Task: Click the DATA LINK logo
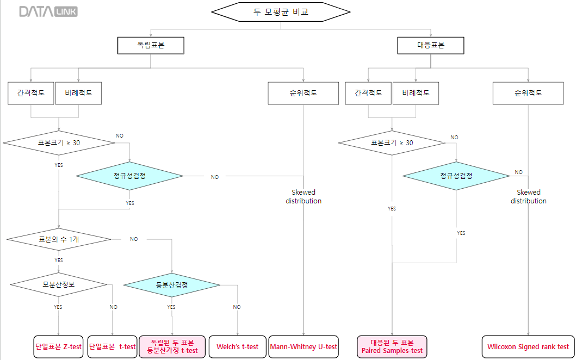(48, 11)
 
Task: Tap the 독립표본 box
(151, 46)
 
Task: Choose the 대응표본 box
(430, 46)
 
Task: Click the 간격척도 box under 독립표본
(31, 93)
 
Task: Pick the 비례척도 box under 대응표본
(416, 93)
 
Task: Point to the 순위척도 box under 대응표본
(528, 93)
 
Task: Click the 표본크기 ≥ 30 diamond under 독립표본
(59, 143)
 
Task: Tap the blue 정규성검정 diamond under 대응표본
(456, 176)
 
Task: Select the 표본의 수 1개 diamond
(59, 239)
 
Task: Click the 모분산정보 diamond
(59, 284)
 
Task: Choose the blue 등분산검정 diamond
(172, 284)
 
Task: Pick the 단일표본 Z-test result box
(59, 346)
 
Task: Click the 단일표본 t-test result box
(113, 346)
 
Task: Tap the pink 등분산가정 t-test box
(172, 346)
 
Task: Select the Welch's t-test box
(237, 346)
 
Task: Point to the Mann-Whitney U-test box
(304, 346)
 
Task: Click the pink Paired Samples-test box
(392, 346)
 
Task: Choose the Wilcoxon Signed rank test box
(528, 346)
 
